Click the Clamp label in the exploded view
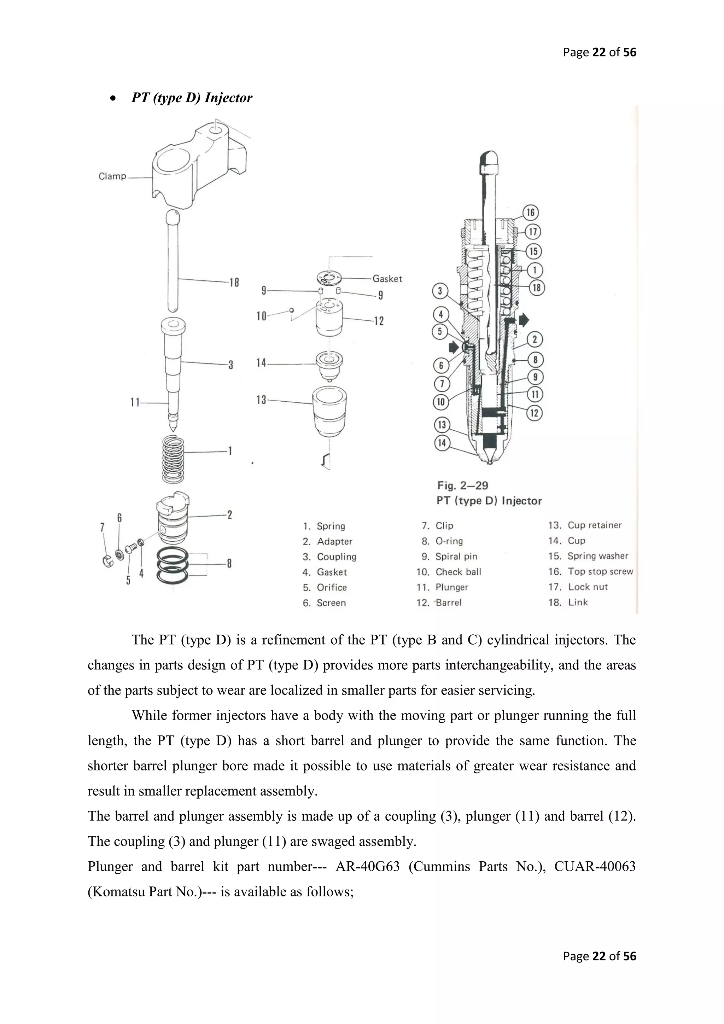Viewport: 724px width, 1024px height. [x=112, y=176]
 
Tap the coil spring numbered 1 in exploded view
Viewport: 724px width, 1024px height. [x=173, y=459]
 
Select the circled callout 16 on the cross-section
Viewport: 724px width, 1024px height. [x=531, y=212]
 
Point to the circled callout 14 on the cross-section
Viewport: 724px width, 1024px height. [x=442, y=443]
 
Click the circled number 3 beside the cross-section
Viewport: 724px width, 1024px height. [x=440, y=291]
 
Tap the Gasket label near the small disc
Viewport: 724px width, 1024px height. [x=387, y=279]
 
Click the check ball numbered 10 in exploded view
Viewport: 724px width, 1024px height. [x=292, y=310]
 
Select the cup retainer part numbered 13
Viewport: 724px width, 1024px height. [x=330, y=411]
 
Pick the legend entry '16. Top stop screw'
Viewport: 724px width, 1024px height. [x=591, y=571]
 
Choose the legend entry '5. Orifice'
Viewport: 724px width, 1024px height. [x=325, y=587]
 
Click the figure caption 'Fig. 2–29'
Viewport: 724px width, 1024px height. [x=462, y=485]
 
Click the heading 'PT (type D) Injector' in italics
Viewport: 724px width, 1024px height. [x=192, y=98]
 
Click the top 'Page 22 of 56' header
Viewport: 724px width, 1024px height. [x=599, y=52]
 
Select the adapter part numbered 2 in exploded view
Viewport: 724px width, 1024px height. [x=173, y=517]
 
